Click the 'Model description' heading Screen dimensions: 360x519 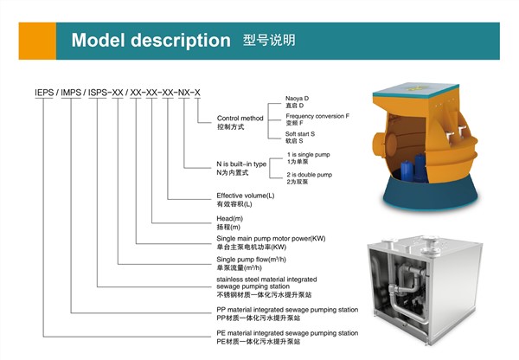tap(151, 41)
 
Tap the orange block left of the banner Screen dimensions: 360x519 tap(31, 41)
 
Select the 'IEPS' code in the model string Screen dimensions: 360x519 tap(44, 92)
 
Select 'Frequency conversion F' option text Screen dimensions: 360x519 tap(317, 115)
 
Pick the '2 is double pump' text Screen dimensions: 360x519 tap(311, 174)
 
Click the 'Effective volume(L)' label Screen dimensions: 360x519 tap(246, 196)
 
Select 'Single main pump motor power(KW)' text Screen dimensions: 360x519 tap(269, 237)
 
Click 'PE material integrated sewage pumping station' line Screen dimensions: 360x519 tap(286, 332)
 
